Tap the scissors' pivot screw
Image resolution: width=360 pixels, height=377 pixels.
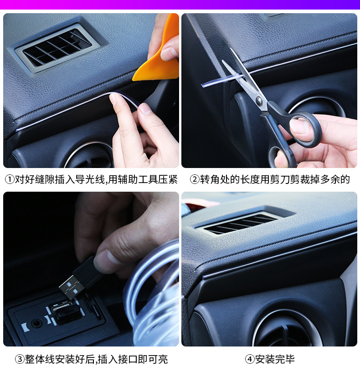[x=259, y=101]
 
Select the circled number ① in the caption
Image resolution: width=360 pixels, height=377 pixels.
[x=10, y=179]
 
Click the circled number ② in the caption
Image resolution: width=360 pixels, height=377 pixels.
[x=195, y=179]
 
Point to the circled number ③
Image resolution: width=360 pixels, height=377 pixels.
[x=20, y=359]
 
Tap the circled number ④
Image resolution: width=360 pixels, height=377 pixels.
[x=250, y=359]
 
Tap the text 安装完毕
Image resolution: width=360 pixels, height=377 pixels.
[x=275, y=359]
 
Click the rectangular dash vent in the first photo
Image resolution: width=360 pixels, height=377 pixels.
[x=57, y=48]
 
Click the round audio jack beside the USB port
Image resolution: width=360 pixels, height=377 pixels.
[x=36, y=323]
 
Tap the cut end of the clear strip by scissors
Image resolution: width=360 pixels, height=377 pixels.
[x=203, y=85]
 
